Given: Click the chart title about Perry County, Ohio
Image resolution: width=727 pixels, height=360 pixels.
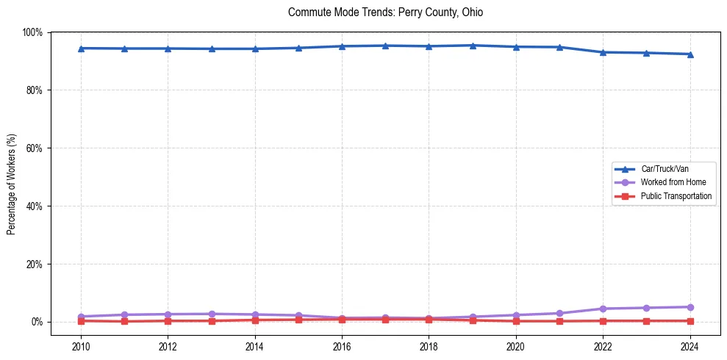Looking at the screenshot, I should pos(385,12).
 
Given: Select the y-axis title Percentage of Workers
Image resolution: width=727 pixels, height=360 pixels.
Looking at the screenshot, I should pos(12,184).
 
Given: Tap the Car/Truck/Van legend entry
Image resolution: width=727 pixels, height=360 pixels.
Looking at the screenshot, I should pos(664,168).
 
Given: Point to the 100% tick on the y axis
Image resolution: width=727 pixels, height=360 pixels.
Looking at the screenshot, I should pos(32,32).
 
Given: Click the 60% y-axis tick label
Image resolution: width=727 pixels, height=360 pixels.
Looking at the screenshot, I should pos(34,148).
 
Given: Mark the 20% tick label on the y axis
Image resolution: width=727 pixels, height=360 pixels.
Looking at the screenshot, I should pos(34,264).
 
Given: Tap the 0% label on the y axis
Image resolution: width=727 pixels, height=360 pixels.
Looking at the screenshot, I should pos(36,322).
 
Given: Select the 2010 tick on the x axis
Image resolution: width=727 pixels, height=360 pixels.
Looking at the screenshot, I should pos(81,346).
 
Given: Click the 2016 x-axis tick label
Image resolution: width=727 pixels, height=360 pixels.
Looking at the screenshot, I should pos(342,346).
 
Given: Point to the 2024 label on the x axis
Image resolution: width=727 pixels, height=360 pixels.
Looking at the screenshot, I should pos(690,346).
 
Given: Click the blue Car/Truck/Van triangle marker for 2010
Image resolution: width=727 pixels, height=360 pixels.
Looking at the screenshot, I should pos(81,48).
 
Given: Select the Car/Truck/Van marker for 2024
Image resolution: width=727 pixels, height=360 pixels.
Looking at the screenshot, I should pos(690,54).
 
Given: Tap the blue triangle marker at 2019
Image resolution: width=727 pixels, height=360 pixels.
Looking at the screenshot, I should pos(472,46).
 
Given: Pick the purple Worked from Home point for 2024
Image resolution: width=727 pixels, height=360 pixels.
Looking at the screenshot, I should pos(690,307).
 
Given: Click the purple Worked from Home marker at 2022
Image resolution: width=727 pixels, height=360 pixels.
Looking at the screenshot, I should pos(603,309).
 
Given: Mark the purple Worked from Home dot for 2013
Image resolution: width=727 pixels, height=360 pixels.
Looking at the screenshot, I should pos(212,314).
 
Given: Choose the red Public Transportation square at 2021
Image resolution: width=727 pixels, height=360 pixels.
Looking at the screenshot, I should pos(559,321).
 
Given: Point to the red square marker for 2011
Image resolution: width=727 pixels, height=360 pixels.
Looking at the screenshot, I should pos(124,321).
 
